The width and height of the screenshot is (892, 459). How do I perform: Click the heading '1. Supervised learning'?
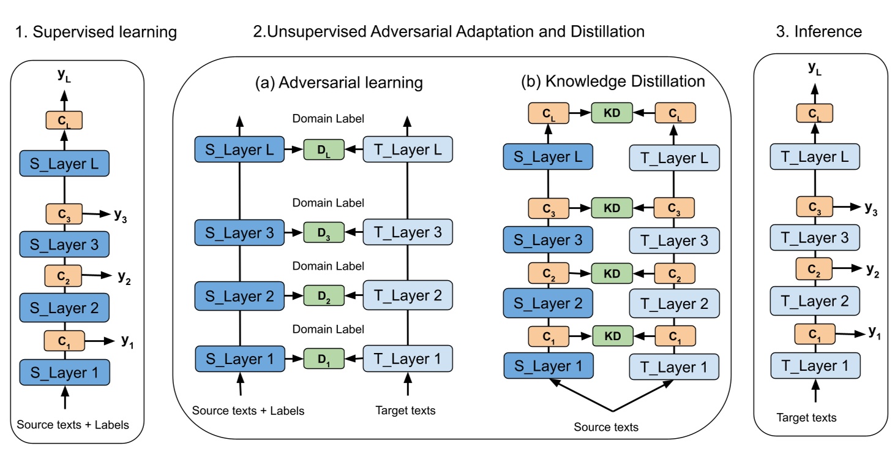pyautogui.click(x=96, y=32)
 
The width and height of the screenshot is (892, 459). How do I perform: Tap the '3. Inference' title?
pyautogui.click(x=819, y=31)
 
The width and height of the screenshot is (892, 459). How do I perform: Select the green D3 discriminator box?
pyautogui.click(x=324, y=232)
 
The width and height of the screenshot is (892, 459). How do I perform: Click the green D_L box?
pyautogui.click(x=324, y=150)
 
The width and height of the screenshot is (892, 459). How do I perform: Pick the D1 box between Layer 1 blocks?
pyautogui.click(x=324, y=358)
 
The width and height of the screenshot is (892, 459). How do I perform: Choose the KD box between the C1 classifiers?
pyautogui.click(x=612, y=336)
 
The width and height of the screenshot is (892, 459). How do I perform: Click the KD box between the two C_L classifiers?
pyautogui.click(x=612, y=113)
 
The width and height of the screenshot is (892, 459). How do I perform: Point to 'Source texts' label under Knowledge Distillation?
pyautogui.click(x=605, y=427)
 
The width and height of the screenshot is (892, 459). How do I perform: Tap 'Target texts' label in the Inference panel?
pyautogui.click(x=806, y=417)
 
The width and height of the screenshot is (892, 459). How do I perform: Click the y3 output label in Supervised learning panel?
pyautogui.click(x=120, y=216)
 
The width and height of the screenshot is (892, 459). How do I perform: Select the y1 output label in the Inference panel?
pyautogui.click(x=874, y=332)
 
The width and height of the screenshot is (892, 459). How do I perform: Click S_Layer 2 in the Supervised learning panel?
pyautogui.click(x=64, y=308)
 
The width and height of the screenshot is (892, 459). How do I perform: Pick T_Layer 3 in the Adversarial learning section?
pyautogui.click(x=408, y=232)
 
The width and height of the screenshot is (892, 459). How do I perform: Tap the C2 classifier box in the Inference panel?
pyautogui.click(x=814, y=269)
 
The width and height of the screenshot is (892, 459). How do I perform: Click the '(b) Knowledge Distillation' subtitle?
pyautogui.click(x=613, y=82)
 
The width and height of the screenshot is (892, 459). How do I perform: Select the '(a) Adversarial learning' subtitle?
pyautogui.click(x=339, y=83)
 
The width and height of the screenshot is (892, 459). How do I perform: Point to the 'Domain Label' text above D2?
pyautogui.click(x=328, y=266)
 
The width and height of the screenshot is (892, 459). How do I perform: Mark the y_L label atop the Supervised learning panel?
pyautogui.click(x=64, y=75)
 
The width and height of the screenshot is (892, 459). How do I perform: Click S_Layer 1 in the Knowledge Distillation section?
pyautogui.click(x=549, y=365)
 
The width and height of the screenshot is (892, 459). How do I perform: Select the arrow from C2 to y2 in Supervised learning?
pyautogui.click(x=97, y=275)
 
